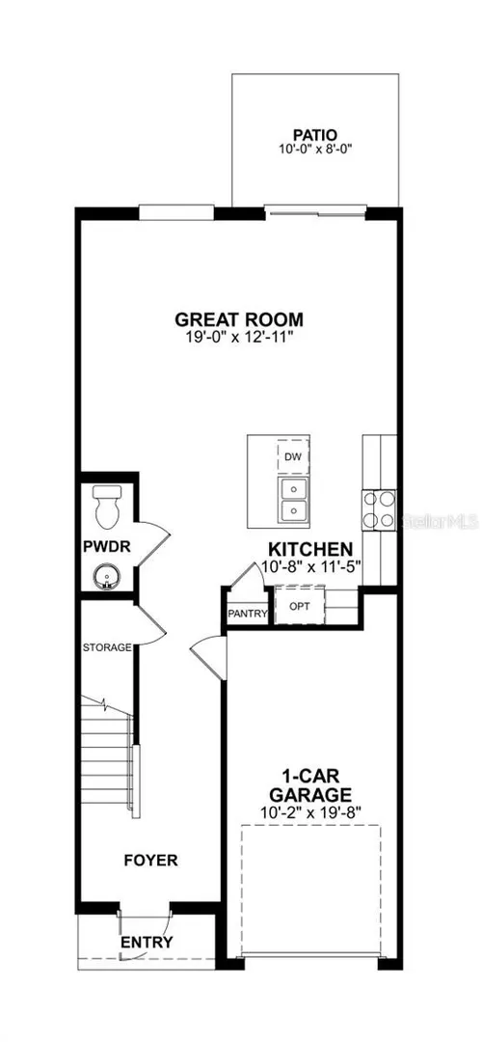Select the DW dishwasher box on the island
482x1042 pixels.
(x=293, y=456)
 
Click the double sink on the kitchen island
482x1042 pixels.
(x=293, y=500)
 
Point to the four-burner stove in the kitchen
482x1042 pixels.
(x=379, y=509)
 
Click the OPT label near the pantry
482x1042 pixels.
(x=299, y=606)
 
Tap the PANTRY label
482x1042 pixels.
(x=247, y=613)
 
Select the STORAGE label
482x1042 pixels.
(x=107, y=647)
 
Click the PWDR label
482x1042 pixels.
(x=106, y=547)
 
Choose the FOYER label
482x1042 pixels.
(x=151, y=861)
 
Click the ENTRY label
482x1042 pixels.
(x=147, y=942)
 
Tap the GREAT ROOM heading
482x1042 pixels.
(x=239, y=319)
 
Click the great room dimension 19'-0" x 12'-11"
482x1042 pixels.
(x=239, y=338)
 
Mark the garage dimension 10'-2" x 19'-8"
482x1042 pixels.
(x=314, y=812)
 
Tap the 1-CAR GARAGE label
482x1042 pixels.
(x=314, y=784)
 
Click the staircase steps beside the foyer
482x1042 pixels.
(x=108, y=754)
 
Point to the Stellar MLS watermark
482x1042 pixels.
(x=438, y=520)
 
